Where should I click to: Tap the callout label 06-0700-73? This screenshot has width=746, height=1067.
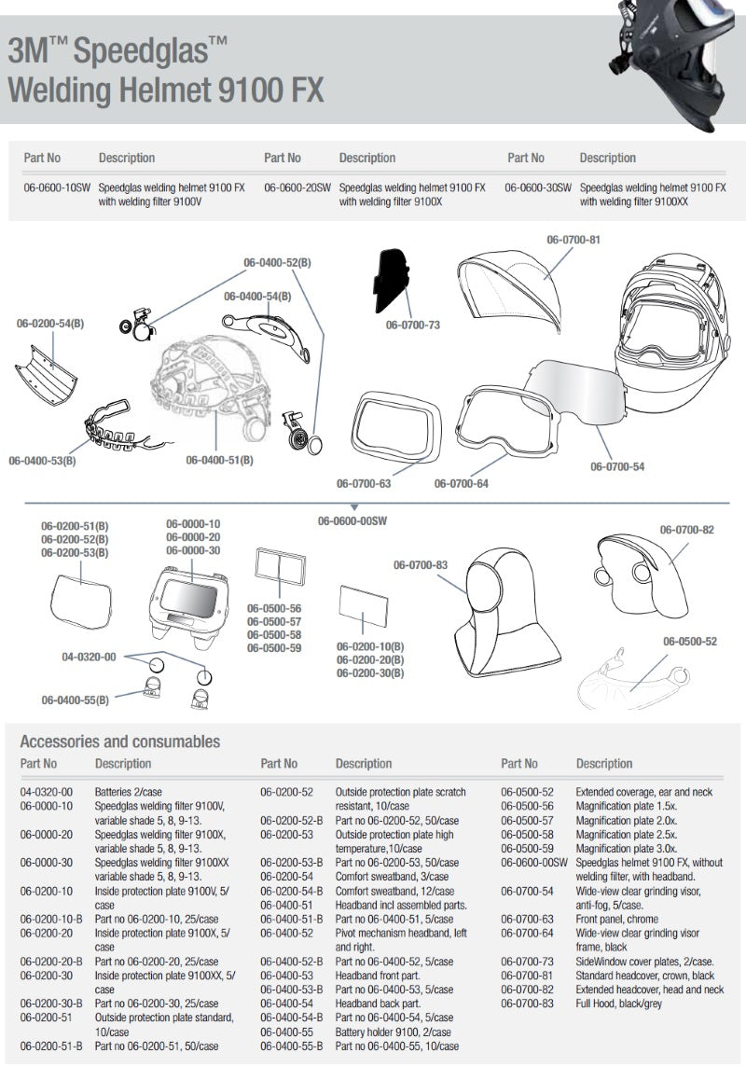[x=413, y=326]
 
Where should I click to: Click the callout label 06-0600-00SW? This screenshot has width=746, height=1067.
[x=352, y=520]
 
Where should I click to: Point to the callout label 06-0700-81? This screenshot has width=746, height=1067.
[x=573, y=240]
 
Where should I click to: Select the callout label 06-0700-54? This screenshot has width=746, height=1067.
[x=616, y=466]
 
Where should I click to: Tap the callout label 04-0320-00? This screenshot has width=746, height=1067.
[x=89, y=657]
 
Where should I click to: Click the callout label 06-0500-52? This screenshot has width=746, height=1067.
[x=690, y=642]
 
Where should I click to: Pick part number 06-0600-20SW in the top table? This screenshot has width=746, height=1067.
[x=297, y=187]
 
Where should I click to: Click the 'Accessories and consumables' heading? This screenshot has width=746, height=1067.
[x=120, y=742]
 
